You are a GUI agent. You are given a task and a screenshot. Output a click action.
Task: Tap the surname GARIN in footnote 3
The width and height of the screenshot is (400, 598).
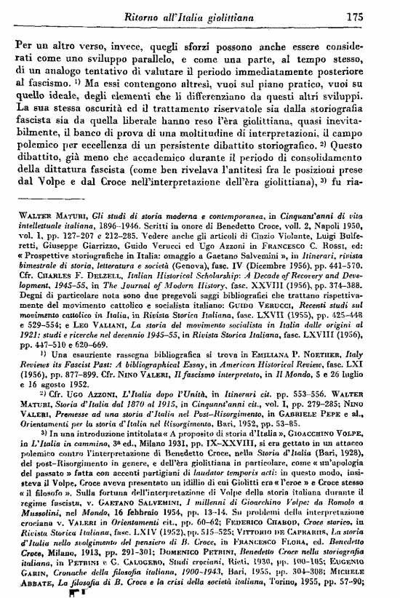point(30,583)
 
